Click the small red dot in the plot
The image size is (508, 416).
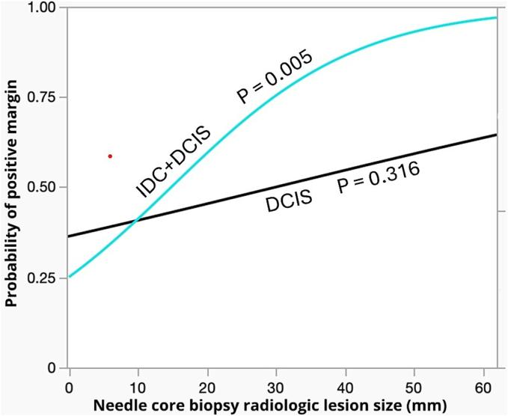(110, 156)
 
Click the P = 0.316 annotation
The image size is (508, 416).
(378, 180)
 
